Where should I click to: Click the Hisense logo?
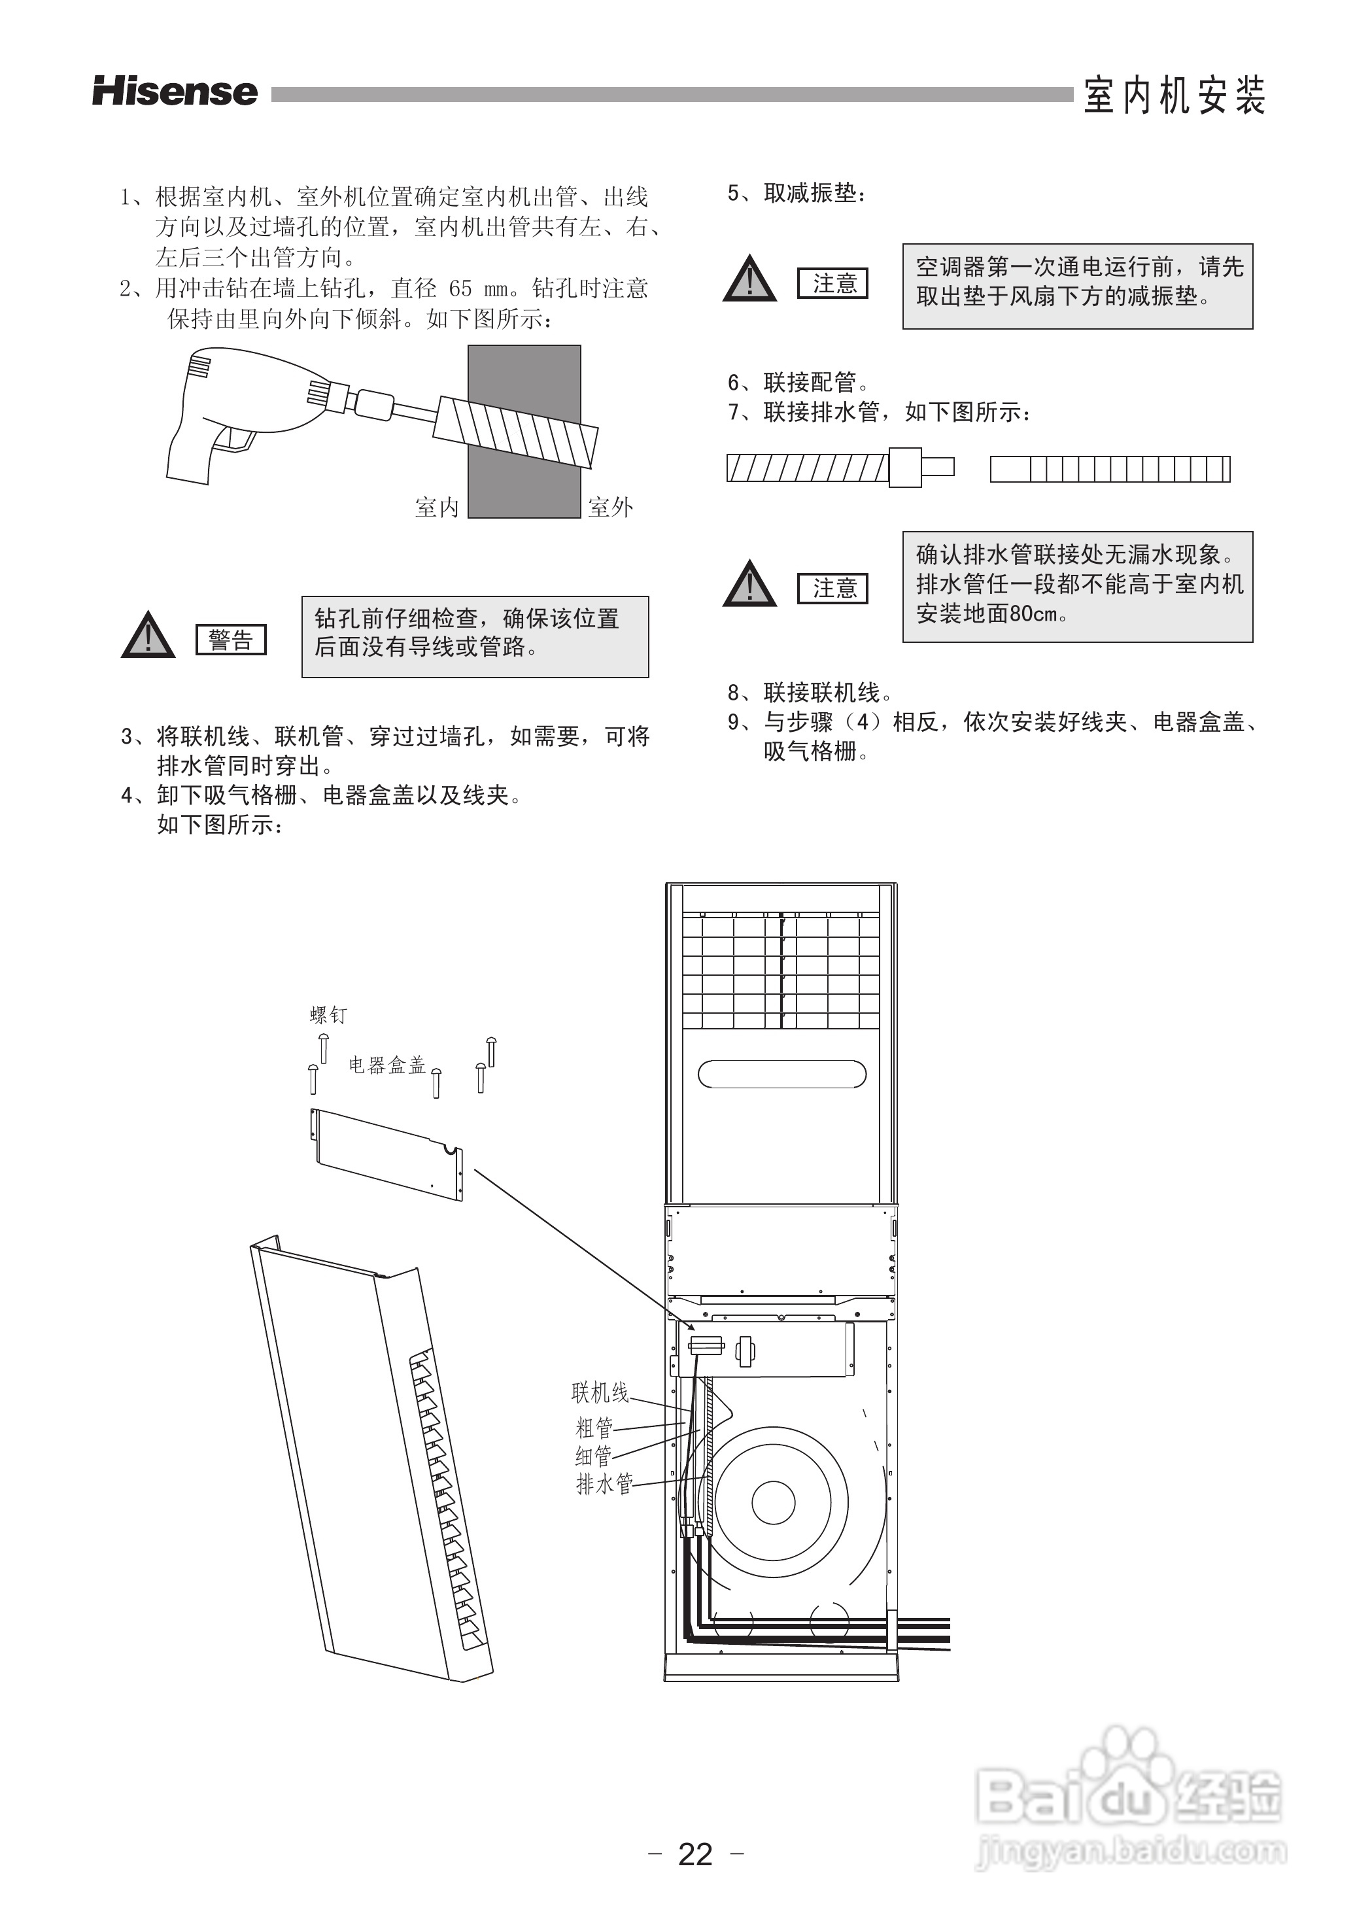click(175, 92)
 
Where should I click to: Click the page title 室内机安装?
click(1175, 95)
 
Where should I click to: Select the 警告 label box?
click(231, 640)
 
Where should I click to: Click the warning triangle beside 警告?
click(148, 635)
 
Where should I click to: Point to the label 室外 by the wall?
click(610, 507)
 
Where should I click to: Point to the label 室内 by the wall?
click(437, 507)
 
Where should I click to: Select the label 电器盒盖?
click(387, 1065)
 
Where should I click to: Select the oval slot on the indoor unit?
click(781, 1074)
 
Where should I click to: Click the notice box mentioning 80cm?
click(1077, 587)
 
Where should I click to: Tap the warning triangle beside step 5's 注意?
click(749, 279)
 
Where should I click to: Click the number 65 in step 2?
click(460, 289)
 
